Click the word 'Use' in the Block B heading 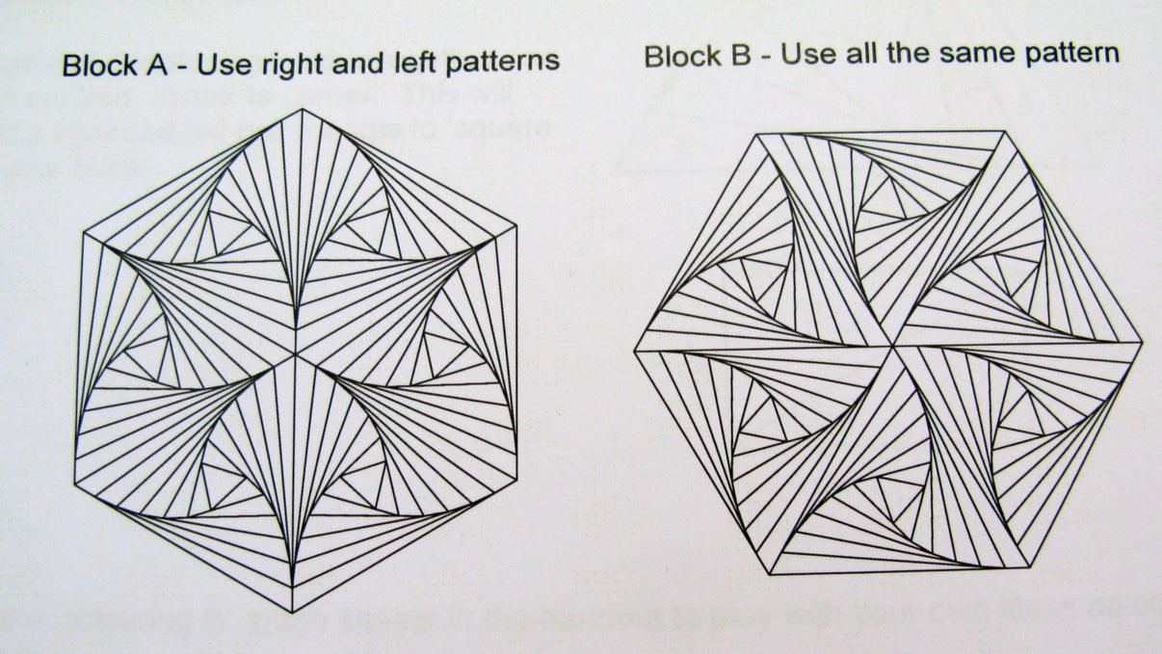pos(807,54)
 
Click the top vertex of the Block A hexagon pos(301,109)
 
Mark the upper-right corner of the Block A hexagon pos(516,227)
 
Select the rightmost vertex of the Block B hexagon pos(1142,343)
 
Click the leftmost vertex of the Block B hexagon pos(635,351)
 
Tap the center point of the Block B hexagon pos(892,345)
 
